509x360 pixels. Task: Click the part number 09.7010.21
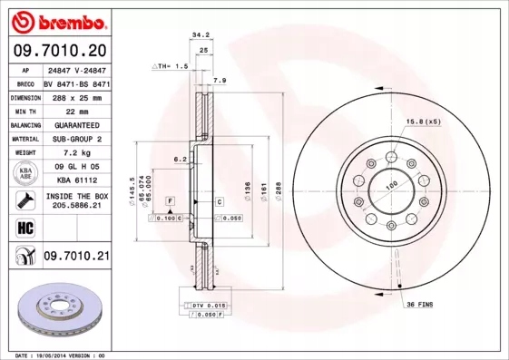tap(75, 257)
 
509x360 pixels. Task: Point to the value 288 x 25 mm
tap(75, 96)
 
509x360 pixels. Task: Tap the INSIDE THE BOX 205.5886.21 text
tap(75, 201)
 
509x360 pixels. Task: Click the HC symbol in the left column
tap(19, 227)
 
